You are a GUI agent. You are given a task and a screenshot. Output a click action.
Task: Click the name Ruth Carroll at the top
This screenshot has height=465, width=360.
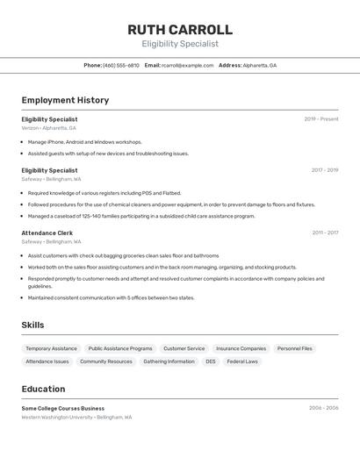tap(180, 30)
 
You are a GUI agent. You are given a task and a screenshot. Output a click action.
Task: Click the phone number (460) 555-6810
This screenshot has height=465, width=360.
tap(121, 66)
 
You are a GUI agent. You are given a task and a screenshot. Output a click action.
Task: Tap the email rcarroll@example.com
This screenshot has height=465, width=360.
tap(187, 66)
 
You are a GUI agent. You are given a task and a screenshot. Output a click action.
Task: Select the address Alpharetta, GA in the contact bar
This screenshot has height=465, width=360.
tap(259, 66)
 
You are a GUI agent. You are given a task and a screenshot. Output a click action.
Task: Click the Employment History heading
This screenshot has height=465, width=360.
tap(65, 100)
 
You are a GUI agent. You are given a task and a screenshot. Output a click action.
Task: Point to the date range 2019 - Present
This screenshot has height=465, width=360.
tap(320, 119)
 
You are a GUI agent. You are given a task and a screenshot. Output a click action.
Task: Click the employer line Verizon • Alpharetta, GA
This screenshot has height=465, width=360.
tap(49, 128)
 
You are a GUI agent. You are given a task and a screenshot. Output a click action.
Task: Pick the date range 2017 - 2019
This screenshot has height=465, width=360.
tap(324, 170)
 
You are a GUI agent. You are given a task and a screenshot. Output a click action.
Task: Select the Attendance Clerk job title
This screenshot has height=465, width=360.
tap(47, 233)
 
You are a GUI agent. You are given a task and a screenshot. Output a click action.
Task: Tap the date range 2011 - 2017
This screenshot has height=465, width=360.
tap(325, 233)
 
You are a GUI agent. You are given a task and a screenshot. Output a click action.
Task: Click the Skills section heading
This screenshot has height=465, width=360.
tap(32, 325)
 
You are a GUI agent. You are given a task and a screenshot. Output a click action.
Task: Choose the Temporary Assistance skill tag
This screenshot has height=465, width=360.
tap(51, 348)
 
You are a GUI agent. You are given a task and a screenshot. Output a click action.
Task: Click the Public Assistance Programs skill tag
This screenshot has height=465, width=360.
tap(120, 348)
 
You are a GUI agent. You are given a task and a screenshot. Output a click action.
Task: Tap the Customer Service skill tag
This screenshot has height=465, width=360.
tap(184, 348)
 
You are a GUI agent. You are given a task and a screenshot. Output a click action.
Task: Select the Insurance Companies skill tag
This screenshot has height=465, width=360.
tap(241, 348)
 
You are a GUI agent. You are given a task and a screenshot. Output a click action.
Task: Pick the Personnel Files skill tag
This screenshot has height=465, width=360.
tap(294, 348)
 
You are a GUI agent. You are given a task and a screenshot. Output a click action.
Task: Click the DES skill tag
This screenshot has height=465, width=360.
tap(211, 361)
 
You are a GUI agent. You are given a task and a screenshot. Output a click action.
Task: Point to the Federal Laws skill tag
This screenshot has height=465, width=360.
tap(242, 361)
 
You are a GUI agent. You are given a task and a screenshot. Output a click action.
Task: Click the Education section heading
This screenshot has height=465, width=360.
tap(43, 389)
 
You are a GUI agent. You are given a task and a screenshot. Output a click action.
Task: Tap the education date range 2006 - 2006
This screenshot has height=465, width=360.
tap(323, 408)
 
